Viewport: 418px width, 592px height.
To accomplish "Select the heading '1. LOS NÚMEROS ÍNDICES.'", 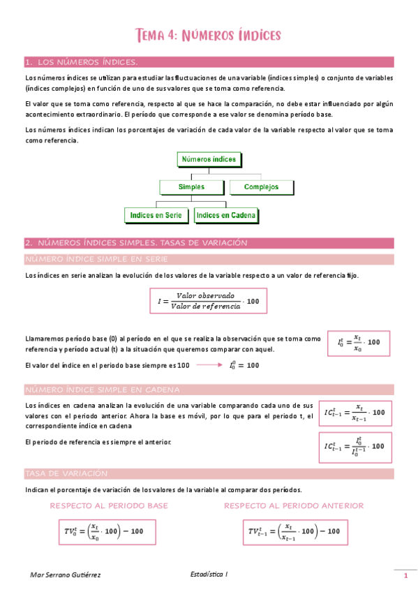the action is (x=81, y=62).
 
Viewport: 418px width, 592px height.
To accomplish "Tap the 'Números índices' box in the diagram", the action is (x=209, y=160).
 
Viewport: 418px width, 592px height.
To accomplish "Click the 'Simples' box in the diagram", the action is (x=191, y=187).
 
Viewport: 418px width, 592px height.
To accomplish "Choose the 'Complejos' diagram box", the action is (x=262, y=187).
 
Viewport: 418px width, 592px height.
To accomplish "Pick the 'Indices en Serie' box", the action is (x=156, y=216).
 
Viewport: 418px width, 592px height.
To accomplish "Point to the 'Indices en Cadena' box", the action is (x=226, y=216).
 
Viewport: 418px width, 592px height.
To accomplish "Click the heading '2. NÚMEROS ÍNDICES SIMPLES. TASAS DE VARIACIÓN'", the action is (x=137, y=243).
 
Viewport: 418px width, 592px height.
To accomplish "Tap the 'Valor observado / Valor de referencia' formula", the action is (x=208, y=301).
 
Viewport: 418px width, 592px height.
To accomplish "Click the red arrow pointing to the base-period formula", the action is (x=209, y=365).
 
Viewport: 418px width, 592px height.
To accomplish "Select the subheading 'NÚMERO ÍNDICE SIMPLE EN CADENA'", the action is (x=102, y=389).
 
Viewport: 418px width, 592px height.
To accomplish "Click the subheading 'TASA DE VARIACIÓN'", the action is (x=66, y=473).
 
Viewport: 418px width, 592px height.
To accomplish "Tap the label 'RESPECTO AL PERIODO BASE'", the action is (x=109, y=505).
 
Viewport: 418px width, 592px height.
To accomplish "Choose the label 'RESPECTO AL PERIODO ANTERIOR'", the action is (x=294, y=505).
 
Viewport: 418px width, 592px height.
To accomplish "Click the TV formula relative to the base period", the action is (x=105, y=532).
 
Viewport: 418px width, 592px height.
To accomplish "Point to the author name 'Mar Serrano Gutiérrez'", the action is (x=66, y=575).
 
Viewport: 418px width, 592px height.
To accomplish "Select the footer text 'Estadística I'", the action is (x=209, y=574).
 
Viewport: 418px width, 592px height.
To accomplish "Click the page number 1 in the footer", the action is (x=405, y=575).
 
